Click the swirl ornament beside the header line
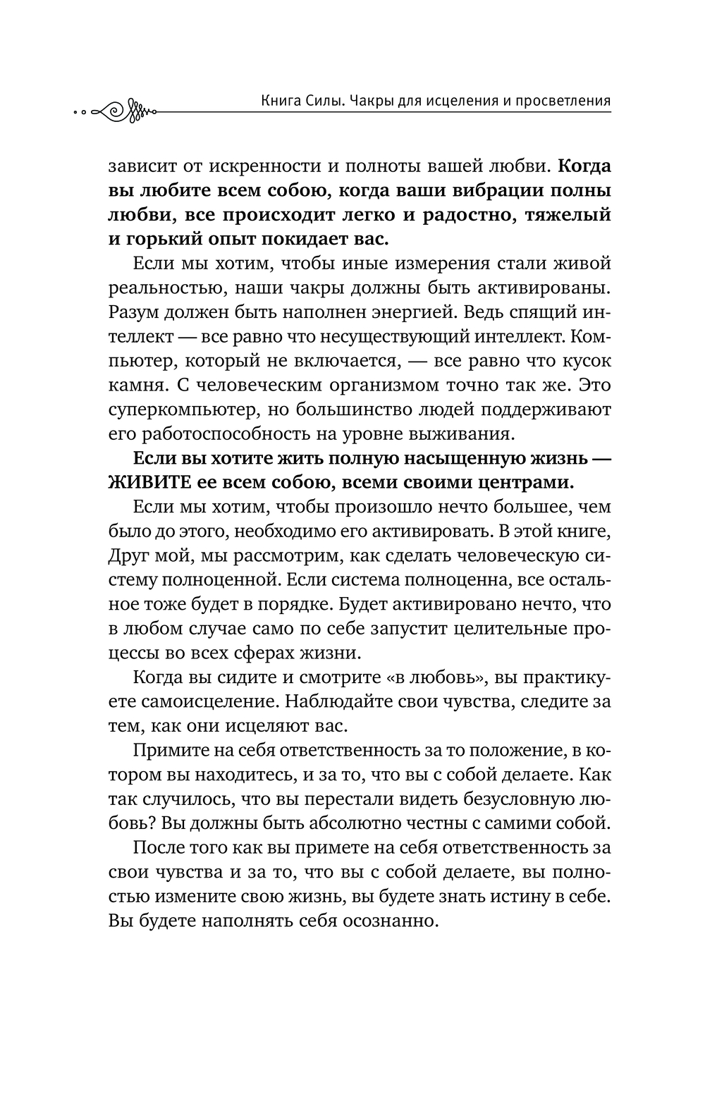tap(124, 109)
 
